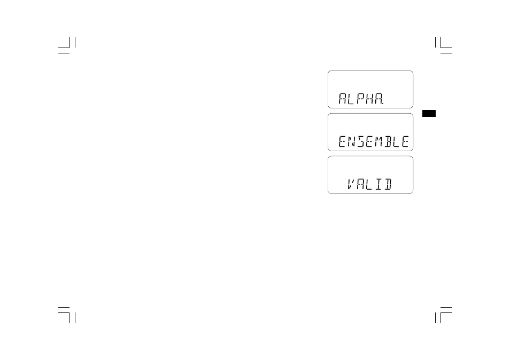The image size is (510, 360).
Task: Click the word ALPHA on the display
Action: pos(360,98)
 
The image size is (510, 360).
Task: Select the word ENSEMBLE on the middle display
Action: pos(373,142)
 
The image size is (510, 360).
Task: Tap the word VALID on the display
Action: pos(369,184)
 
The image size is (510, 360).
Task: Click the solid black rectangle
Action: pos(429,113)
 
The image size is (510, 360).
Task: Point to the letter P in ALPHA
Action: pos(360,98)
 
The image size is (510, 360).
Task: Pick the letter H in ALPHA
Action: pos(369,98)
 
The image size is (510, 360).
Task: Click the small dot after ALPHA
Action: pos(383,104)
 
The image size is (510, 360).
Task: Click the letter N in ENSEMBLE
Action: pos(351,142)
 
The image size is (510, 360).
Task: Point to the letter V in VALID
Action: pos(351,184)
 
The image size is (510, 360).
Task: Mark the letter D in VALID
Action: pos(388,184)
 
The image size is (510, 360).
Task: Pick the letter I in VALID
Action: pos(378,184)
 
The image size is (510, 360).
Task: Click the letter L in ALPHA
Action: pos(351,98)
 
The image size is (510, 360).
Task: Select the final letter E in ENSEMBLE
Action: pos(405,142)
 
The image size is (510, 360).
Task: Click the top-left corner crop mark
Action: pos(67,45)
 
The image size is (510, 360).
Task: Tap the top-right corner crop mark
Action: pos(443,45)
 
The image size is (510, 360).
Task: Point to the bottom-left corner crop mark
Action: pos(67,315)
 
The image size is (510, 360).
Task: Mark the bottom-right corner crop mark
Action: pos(443,315)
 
